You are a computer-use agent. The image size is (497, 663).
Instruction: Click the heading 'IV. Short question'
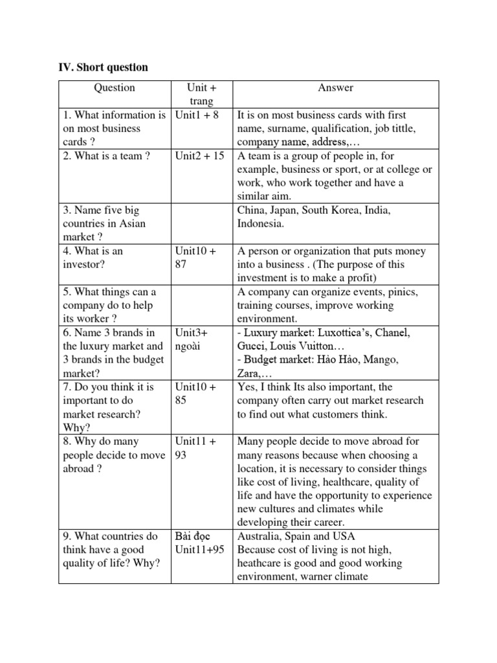pos(104,67)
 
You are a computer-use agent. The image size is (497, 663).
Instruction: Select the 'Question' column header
pos(115,87)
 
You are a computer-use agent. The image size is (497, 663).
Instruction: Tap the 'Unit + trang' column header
pos(201,95)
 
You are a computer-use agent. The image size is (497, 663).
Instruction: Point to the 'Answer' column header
pos(335,87)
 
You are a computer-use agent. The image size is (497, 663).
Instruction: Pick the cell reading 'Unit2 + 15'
pos(200,156)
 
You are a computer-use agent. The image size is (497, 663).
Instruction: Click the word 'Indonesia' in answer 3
pos(260,224)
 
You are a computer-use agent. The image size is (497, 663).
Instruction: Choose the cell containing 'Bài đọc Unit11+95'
pos(200,543)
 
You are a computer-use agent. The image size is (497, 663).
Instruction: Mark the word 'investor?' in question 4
pos(85,264)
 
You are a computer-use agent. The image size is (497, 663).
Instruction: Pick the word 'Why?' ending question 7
pos(76,427)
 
